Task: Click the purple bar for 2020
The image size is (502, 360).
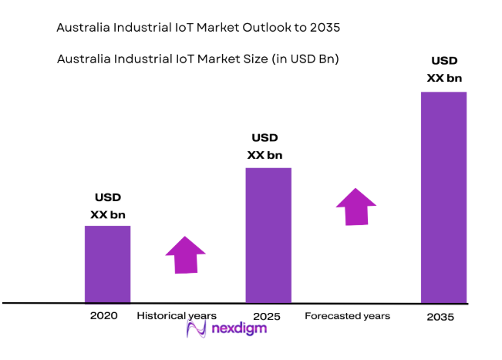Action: click(x=107, y=264)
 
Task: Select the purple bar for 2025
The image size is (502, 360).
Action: click(x=268, y=234)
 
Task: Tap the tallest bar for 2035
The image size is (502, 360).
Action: click(x=443, y=197)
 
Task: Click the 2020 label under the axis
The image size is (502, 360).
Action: click(x=103, y=316)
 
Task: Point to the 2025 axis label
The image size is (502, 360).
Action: click(x=265, y=317)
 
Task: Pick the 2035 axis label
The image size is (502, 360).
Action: click(x=440, y=317)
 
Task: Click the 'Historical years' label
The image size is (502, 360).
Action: click(x=177, y=316)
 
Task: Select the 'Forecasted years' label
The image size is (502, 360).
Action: click(x=347, y=316)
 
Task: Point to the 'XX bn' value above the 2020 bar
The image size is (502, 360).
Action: click(x=107, y=214)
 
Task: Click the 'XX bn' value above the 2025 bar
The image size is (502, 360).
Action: click(x=264, y=155)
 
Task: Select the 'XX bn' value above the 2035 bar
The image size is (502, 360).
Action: click(x=444, y=77)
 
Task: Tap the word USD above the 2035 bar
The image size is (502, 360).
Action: click(x=444, y=61)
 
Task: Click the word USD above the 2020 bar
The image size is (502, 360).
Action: click(x=107, y=198)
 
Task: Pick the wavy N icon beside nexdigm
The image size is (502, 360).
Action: click(x=197, y=330)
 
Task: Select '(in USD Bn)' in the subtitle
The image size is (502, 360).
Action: click(x=307, y=59)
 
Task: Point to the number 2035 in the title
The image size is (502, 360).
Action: click(x=323, y=28)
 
